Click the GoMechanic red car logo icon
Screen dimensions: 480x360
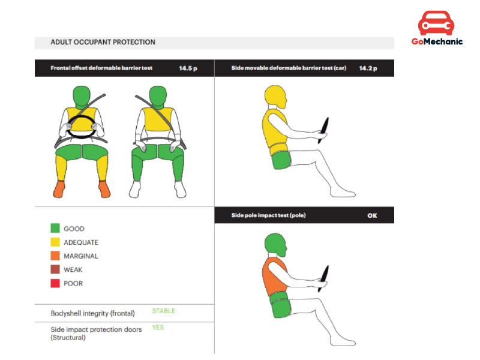tap(436, 23)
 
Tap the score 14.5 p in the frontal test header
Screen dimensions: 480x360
tap(188, 68)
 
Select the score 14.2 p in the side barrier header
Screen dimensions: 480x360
tap(368, 68)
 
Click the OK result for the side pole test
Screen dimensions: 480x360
tap(372, 215)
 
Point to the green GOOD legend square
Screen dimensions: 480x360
tap(55, 228)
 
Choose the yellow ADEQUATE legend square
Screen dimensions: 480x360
tap(55, 242)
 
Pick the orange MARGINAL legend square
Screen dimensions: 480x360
tap(55, 256)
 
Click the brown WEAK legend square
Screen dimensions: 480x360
tap(55, 269)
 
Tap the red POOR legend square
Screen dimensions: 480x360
tap(55, 283)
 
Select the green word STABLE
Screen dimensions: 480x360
tap(164, 311)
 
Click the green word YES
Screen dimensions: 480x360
tap(158, 327)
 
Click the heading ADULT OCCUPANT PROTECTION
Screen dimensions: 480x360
tap(103, 42)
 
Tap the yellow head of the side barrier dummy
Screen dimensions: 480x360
tap(275, 97)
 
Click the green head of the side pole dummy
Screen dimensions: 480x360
tap(275, 244)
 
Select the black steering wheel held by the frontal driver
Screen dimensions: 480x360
tap(81, 127)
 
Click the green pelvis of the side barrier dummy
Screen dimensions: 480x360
tap(281, 160)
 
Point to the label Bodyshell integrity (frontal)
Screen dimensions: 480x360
tap(92, 313)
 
